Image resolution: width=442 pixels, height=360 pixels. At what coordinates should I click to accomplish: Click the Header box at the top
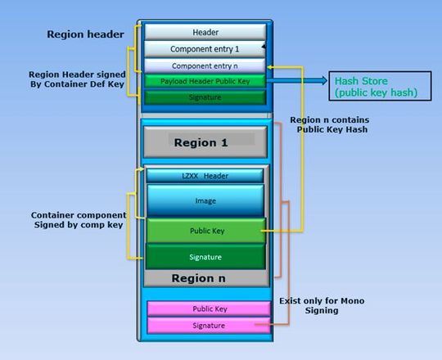pyautogui.click(x=205, y=32)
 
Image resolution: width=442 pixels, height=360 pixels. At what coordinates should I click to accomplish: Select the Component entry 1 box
pyautogui.click(x=205, y=49)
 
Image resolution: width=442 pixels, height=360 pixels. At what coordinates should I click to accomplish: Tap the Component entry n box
pyautogui.click(x=205, y=65)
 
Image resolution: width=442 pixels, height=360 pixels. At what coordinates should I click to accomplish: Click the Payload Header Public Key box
pyautogui.click(x=205, y=81)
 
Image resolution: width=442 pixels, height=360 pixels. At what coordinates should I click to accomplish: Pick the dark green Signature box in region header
pyautogui.click(x=205, y=97)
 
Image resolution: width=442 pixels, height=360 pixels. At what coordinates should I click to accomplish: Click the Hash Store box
pyautogui.click(x=374, y=87)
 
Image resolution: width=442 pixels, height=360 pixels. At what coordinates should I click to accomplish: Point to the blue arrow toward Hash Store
pyautogui.click(x=299, y=81)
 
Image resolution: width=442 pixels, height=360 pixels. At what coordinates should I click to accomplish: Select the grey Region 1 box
pyautogui.click(x=205, y=142)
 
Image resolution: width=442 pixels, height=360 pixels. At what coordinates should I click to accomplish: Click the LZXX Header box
pyautogui.click(x=205, y=176)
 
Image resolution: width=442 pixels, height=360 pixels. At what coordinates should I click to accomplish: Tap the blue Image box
pyautogui.click(x=205, y=200)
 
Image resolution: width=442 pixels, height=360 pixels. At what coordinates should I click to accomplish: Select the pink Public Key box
pyautogui.click(x=209, y=309)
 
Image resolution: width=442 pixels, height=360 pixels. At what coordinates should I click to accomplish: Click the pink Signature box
pyautogui.click(x=209, y=326)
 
